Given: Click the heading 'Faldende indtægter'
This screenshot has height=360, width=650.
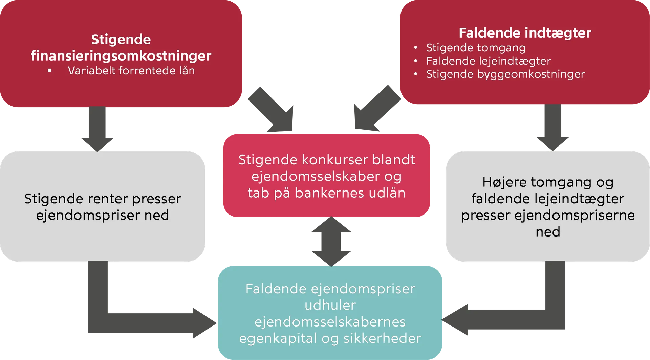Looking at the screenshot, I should tap(525, 33).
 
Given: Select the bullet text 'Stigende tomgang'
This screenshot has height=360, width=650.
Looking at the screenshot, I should tap(476, 48).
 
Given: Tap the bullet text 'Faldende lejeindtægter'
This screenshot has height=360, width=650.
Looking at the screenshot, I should tap(489, 61).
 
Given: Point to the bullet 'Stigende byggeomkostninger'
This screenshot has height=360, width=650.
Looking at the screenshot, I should tap(505, 74).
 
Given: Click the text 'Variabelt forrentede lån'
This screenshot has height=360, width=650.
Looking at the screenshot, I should tap(131, 71).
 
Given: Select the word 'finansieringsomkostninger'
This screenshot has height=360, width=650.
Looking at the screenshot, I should tap(121, 55).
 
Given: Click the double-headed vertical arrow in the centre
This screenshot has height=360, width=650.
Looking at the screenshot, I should tap(331, 241).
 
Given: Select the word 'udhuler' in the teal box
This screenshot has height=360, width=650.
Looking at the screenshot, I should tap(330, 305).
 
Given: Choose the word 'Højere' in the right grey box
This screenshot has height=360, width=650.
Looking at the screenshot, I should tap(504, 182).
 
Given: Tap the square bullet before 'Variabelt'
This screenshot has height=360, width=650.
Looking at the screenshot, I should tap(50, 71).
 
